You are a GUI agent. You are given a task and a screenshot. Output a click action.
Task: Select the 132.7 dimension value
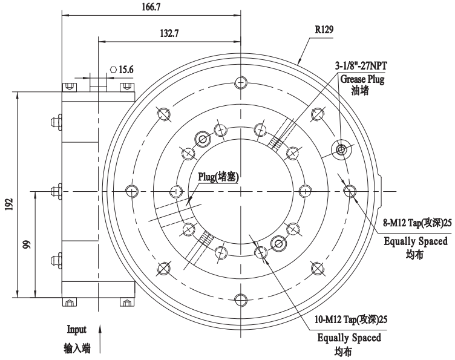168,34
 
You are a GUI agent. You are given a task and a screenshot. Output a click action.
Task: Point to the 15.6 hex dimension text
126,70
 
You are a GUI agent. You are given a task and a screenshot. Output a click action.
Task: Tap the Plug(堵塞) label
218,177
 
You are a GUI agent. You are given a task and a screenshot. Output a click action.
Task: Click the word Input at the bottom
76,330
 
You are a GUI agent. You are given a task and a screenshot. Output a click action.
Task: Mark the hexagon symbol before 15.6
113,70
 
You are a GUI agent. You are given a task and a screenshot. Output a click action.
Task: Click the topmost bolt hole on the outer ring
241,83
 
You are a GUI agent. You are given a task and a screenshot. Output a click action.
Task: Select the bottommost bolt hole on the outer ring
241,299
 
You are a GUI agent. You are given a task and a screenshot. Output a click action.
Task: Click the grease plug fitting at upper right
341,149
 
